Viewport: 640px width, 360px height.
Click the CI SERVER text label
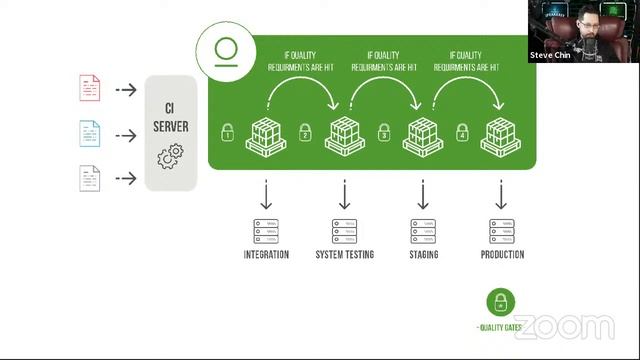[171, 119]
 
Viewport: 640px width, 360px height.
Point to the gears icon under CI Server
[171, 157]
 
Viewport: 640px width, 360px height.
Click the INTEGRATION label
[266, 255]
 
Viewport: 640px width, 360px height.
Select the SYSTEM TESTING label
[344, 255]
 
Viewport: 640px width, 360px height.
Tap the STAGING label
[424, 255]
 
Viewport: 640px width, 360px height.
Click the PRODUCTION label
[502, 255]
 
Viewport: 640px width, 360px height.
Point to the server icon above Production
[502, 230]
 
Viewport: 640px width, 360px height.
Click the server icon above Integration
[266, 230]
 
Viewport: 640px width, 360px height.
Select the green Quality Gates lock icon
[500, 302]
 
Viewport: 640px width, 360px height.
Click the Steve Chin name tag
[551, 55]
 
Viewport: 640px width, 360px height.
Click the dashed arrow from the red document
[126, 90]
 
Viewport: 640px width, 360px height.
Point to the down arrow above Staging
[424, 193]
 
